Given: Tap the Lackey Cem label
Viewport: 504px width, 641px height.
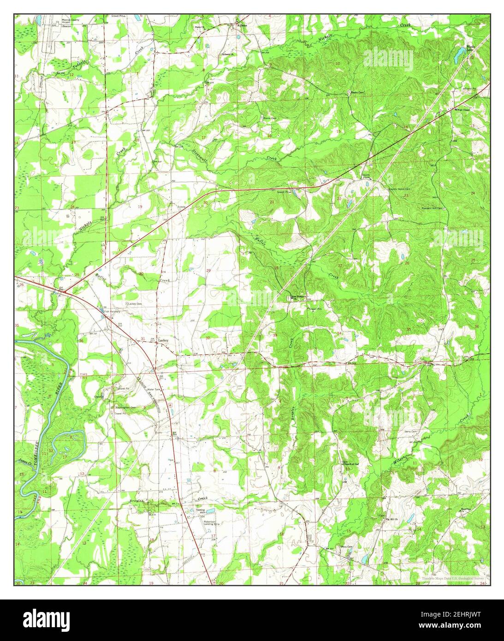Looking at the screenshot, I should (x=135, y=304).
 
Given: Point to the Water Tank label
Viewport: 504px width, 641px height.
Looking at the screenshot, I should (x=154, y=390).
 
